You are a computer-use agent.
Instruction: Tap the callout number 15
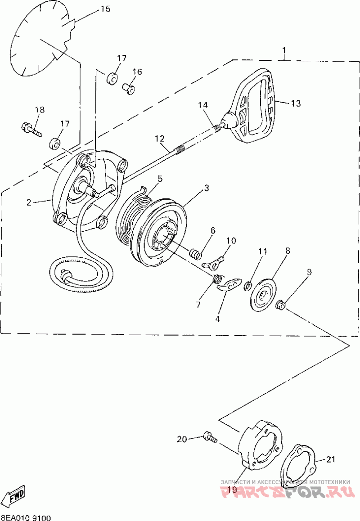tap(104, 9)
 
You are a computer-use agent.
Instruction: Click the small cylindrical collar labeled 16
tap(129, 88)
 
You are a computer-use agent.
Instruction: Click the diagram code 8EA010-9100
tap(26, 517)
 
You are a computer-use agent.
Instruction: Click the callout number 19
tap(232, 490)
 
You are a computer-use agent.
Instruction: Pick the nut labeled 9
tap(279, 305)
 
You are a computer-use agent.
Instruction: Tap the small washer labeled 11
tap(247, 285)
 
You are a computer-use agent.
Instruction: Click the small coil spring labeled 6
tap(195, 253)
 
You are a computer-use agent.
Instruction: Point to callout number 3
tap(207, 189)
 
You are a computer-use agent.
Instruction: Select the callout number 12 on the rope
tap(160, 139)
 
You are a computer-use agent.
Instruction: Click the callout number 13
tap(295, 103)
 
